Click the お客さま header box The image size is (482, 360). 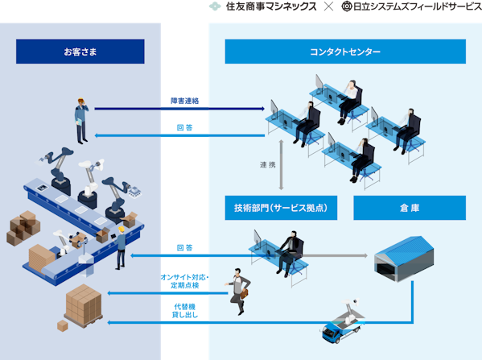(x=80, y=52)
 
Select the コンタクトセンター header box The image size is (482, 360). (x=345, y=52)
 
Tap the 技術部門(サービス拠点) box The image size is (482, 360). (x=281, y=208)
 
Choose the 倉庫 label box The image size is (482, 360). (x=410, y=208)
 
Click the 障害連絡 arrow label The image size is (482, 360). (x=185, y=101)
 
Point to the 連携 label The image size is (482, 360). (x=268, y=165)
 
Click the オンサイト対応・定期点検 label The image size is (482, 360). (x=185, y=281)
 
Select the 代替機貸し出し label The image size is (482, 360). (x=185, y=311)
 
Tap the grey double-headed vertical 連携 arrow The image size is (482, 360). (x=281, y=165)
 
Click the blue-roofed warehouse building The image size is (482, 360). (x=404, y=259)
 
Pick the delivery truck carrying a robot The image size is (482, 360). (x=342, y=321)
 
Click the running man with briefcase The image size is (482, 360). (x=238, y=291)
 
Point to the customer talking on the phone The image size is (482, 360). (x=81, y=121)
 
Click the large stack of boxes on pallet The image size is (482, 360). (x=84, y=305)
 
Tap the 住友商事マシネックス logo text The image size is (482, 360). (x=271, y=6)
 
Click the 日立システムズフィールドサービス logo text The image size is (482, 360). (x=417, y=6)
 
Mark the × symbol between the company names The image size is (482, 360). (x=328, y=6)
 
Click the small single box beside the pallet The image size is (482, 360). (x=63, y=326)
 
